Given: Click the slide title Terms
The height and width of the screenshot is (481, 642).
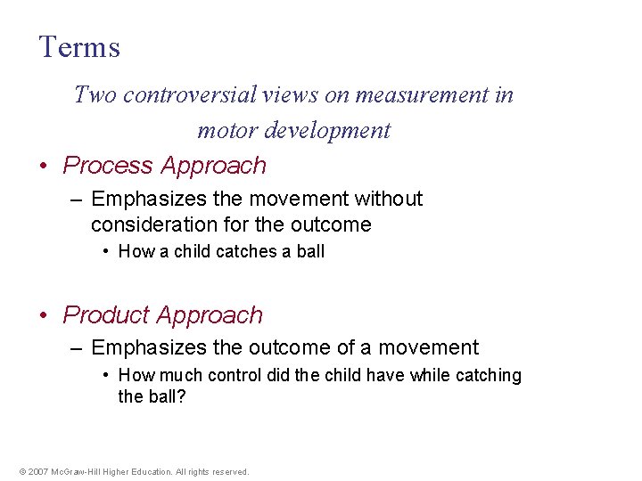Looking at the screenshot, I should click(79, 47).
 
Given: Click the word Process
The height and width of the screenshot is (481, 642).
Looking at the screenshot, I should click(108, 166).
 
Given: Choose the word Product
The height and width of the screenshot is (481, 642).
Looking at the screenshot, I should click(106, 315).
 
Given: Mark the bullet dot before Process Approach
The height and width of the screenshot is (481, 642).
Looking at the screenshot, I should click(44, 167).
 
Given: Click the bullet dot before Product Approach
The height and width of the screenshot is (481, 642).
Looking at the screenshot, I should click(44, 316).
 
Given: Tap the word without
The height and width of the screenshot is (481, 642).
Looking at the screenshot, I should click(389, 199).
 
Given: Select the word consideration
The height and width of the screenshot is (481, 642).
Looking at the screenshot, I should click(153, 224).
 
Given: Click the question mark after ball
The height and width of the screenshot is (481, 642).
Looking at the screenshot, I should click(181, 396).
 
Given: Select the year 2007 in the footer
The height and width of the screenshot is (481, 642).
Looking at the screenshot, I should click(38, 472).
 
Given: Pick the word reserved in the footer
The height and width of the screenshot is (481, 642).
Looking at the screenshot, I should click(229, 472).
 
